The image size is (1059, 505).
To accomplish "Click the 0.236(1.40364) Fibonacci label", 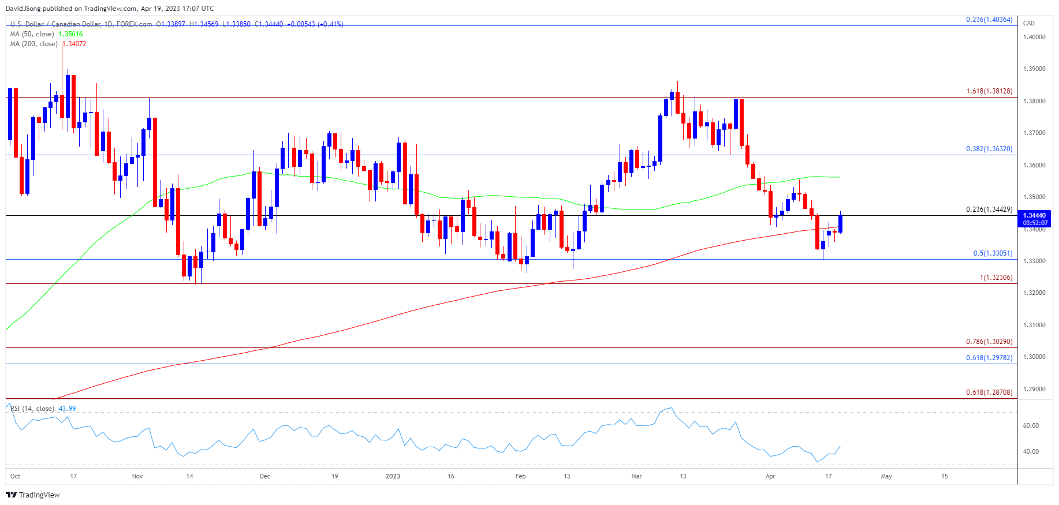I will [x=989, y=20].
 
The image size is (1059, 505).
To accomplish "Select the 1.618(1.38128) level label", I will [x=989, y=91].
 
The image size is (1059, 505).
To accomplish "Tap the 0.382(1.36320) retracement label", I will [x=989, y=149].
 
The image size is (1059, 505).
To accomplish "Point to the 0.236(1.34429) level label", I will [x=989, y=210].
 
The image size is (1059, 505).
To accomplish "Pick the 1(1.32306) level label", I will [x=996, y=278].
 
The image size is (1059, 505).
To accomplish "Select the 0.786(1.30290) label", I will [x=989, y=342].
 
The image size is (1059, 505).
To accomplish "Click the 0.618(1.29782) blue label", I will [x=989, y=358].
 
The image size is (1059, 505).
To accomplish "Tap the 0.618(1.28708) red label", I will [x=989, y=392].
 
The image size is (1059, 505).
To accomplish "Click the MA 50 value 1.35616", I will [x=70, y=34].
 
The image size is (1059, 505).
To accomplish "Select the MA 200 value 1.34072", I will [x=74, y=44].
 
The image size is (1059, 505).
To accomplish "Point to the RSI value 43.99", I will [x=67, y=409].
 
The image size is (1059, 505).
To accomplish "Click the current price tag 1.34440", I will [x=1035, y=215].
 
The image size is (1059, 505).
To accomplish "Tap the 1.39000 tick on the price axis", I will [x=1034, y=69].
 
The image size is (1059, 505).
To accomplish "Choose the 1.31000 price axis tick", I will [x=1034, y=325].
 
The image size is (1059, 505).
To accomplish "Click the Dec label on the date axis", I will [x=265, y=476].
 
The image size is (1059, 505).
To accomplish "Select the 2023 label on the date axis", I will [x=393, y=476].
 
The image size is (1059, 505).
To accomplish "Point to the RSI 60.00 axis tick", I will [x=1031, y=425].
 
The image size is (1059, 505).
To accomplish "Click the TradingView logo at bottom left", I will [x=33, y=495].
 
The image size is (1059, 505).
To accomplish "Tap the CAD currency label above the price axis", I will [x=1029, y=23].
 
